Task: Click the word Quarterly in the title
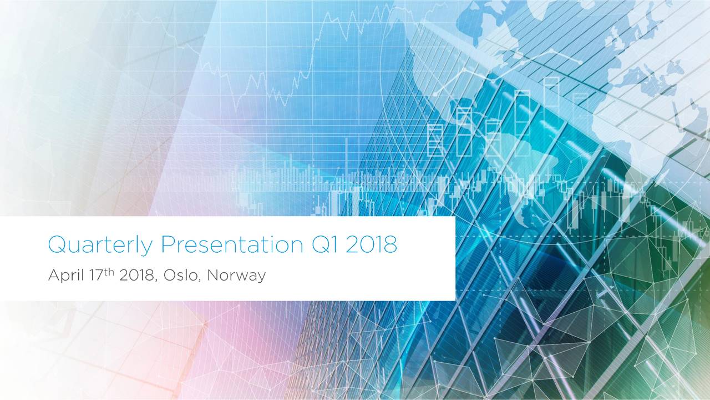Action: (x=100, y=245)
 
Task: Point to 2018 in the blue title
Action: (x=371, y=245)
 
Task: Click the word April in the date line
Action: (x=63, y=276)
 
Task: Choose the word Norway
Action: (x=236, y=276)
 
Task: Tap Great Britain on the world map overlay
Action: (x=616, y=39)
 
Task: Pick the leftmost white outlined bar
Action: (x=435, y=140)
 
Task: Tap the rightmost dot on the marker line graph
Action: (x=580, y=61)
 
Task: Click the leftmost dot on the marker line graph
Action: (x=435, y=93)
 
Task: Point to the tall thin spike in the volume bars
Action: (x=347, y=167)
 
